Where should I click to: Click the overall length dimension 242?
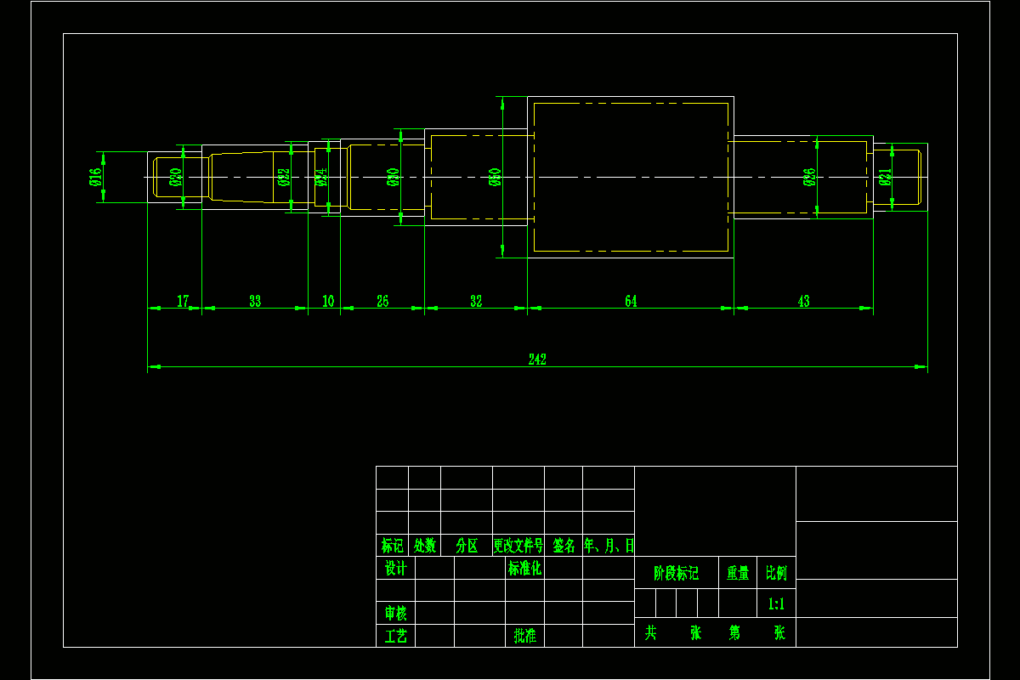pos(537,360)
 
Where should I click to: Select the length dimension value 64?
pos(631,302)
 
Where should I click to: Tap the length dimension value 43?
pos(804,302)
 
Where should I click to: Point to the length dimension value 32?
pos(476,302)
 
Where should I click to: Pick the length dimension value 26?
pos(382,302)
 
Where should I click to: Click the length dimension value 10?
pos(328,302)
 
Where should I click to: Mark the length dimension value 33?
pos(255,302)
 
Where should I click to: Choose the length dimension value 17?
pos(183,302)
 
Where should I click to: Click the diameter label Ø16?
pos(95,177)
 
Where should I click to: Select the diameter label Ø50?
pos(496,177)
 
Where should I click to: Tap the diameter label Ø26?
pos(809,177)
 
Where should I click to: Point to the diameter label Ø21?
pos(885,177)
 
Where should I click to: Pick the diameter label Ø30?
pos(393,177)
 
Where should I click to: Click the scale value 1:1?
pos(776,604)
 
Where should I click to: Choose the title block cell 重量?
pos(737,574)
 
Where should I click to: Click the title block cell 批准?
pos(524,636)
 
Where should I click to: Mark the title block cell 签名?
pos(564,546)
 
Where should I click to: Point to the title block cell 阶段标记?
pos(676,574)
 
